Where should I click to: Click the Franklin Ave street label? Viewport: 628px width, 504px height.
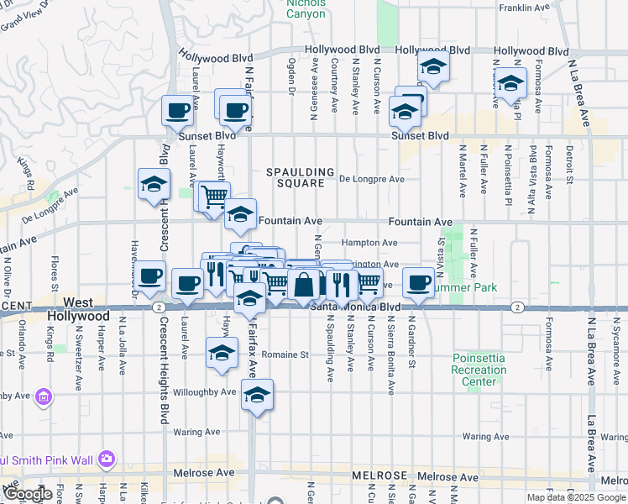525,8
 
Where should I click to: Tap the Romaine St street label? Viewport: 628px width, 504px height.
285,354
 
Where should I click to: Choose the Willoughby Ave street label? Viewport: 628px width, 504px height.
204,392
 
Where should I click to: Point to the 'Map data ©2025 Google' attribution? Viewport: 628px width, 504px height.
575,497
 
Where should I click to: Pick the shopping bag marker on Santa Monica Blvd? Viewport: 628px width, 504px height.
304,284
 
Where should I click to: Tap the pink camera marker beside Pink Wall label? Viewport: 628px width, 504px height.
107,459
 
